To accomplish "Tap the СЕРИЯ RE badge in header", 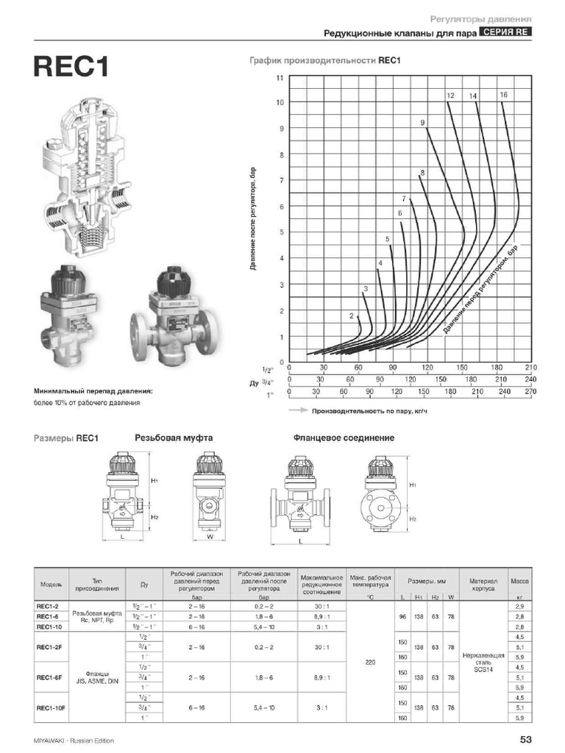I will pos(505,32).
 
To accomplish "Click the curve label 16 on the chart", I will pos(503,95).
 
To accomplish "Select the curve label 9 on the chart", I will pos(423,123).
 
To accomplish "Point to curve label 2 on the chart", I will pos(352,315).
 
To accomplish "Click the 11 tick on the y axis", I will pos(280,77).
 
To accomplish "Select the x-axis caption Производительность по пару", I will pos(369,411).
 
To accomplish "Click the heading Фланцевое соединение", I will pos(344,438).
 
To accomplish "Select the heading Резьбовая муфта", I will pos(174,438).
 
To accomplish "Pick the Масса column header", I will pos(520,581).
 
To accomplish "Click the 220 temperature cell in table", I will pos(370,662).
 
